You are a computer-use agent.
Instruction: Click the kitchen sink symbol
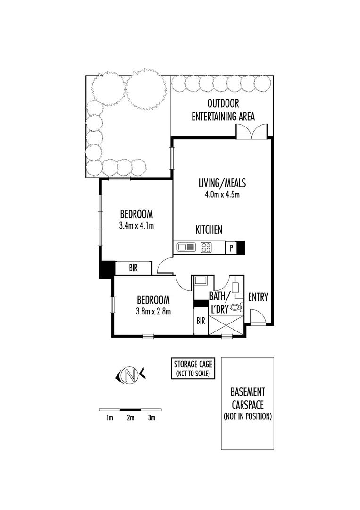coord(187,246)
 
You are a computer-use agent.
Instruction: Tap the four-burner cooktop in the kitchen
coord(207,246)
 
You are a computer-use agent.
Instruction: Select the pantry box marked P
coord(231,247)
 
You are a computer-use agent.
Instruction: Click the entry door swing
coord(257,316)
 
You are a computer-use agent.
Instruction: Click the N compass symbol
coord(131,376)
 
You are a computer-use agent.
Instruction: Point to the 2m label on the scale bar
coord(131,418)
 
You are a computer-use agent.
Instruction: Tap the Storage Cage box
coord(193,368)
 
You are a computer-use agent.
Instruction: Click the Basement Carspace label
coord(248,404)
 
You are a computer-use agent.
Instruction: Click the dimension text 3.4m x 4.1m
coord(137,226)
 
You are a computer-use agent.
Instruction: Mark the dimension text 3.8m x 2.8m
coord(153,311)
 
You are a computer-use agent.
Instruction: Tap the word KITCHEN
coord(209,230)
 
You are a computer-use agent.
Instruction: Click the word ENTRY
coord(258,297)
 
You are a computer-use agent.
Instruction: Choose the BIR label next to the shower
coord(201,321)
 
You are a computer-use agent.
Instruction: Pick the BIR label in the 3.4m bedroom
coord(133,268)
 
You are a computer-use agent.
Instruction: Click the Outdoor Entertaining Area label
coord(223,110)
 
